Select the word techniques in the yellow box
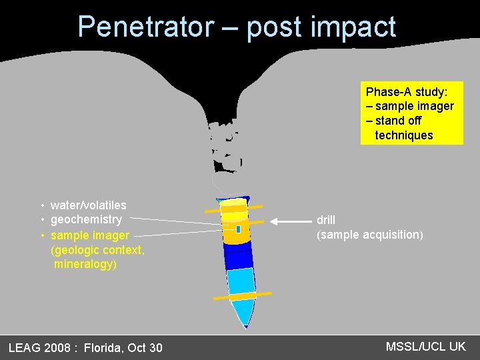404,135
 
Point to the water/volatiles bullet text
88,205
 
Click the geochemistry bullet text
86,219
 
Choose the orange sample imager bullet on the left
89,235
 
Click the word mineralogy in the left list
85,264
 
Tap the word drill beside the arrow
326,220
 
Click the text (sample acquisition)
369,235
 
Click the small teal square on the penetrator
238,229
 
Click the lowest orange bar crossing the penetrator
243,295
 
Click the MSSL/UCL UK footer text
425,346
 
